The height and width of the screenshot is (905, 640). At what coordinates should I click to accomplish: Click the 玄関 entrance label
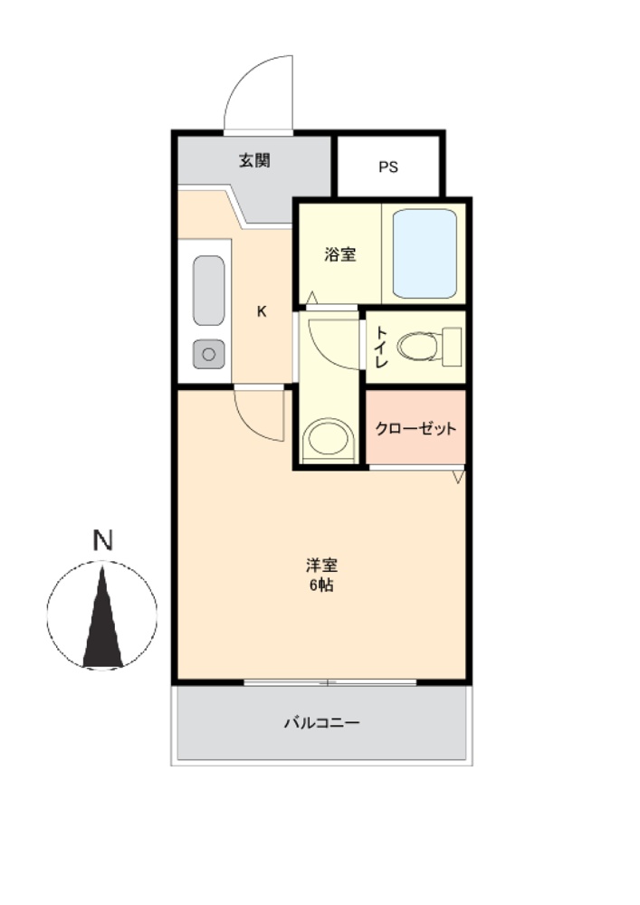(x=254, y=160)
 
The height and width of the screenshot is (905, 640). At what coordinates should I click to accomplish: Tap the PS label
(x=388, y=167)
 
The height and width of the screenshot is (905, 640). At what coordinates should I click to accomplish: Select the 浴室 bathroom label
(x=339, y=254)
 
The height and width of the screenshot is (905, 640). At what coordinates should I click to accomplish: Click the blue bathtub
(x=425, y=253)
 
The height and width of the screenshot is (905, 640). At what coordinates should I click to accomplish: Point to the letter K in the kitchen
(x=262, y=311)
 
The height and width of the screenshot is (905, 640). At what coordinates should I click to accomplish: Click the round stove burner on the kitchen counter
(x=209, y=354)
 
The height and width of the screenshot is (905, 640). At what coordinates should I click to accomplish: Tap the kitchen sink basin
(x=209, y=291)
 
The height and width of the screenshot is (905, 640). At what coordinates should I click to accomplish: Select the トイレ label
(x=381, y=348)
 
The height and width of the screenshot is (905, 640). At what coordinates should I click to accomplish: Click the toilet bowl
(x=419, y=347)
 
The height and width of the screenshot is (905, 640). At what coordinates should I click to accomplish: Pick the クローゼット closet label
(x=416, y=428)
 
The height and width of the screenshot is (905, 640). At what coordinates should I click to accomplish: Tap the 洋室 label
(x=322, y=565)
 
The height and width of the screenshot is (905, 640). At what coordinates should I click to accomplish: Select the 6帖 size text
(x=322, y=586)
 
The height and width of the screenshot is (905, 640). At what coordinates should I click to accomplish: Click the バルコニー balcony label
(x=322, y=722)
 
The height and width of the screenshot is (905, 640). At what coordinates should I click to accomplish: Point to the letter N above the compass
(x=102, y=540)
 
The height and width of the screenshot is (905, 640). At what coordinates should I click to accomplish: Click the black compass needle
(x=102, y=616)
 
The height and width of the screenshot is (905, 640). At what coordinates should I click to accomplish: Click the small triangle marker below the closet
(x=459, y=477)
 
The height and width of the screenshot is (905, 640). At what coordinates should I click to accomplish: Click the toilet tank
(x=452, y=347)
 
